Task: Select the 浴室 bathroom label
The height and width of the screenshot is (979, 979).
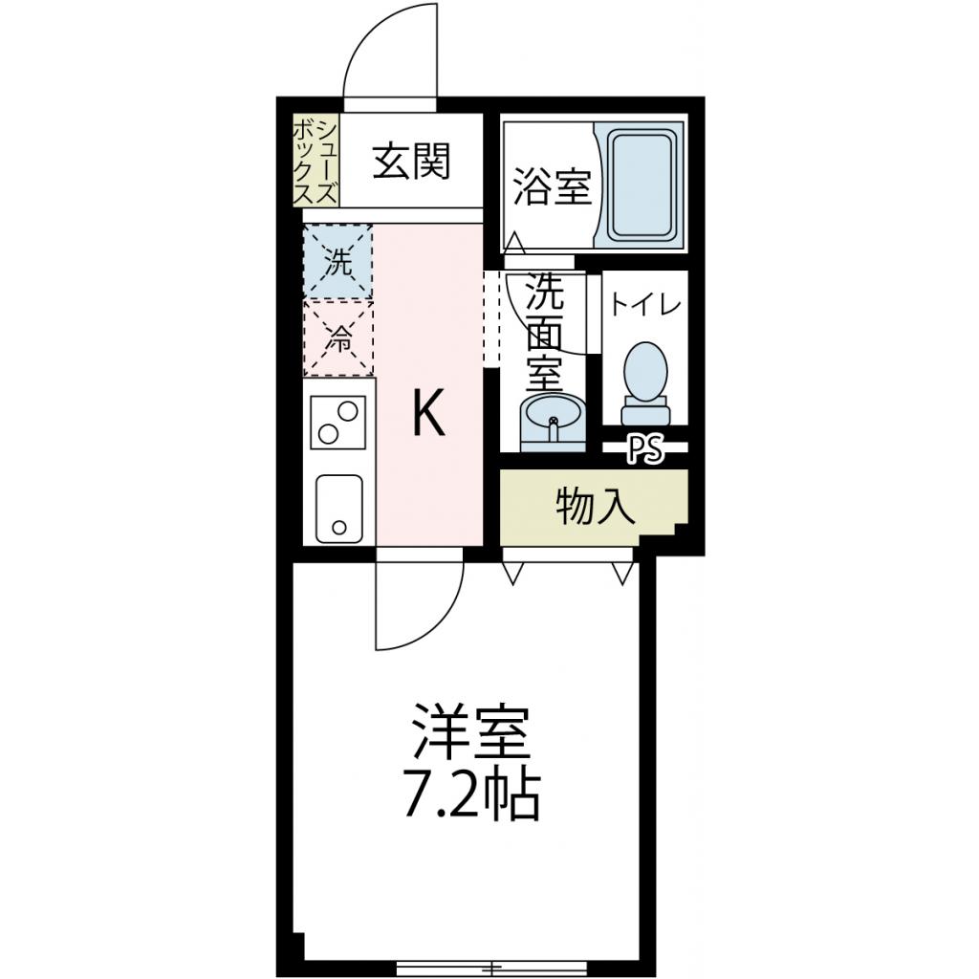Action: coord(551,186)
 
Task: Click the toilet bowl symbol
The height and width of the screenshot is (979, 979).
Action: coord(646,379)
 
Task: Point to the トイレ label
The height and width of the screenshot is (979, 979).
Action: coord(645,305)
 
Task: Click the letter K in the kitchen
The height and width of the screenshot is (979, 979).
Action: coord(428,415)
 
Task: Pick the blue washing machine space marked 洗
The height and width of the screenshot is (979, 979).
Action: coord(337,261)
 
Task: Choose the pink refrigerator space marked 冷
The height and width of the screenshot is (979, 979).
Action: coord(337,337)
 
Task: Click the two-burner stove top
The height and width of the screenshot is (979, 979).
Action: coord(338,422)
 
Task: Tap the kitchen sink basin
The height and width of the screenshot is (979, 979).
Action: coord(338,507)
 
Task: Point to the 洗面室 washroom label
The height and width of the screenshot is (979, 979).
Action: coord(545,330)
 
